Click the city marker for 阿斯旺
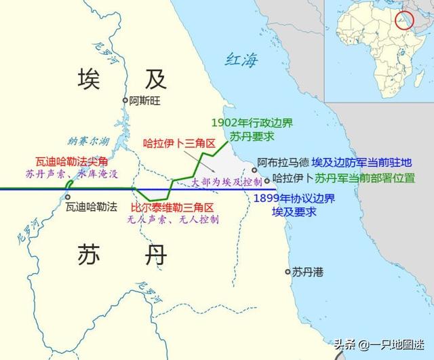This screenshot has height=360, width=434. coord(125,100)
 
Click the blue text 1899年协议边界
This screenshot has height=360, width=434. coord(289,198)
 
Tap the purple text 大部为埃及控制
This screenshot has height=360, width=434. coord(225,182)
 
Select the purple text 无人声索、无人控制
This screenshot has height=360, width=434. coord(173,220)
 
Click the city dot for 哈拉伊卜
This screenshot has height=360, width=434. coord(267,180)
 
